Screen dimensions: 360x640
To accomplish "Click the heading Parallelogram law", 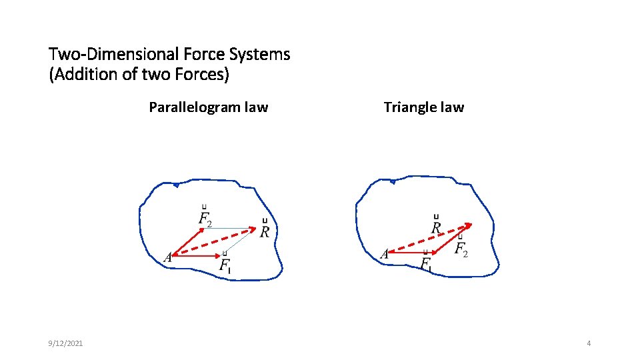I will point(208,107).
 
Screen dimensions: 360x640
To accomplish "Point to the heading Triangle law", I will point(423,107).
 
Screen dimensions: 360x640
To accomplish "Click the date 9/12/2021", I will point(66,343).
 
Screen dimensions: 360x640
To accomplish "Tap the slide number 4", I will point(589,343).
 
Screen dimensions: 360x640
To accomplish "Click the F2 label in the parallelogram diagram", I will point(205,217).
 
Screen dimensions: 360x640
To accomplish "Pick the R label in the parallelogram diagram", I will point(265,231).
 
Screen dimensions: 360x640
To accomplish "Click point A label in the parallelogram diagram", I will point(168,257).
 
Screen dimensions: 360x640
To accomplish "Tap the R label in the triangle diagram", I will point(436,227).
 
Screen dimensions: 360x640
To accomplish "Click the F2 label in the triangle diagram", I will point(461,249).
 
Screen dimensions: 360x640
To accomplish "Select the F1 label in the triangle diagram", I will point(425,263).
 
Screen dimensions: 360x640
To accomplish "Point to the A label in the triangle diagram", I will point(384,253).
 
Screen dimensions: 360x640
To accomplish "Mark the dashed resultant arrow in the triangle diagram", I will point(430,238).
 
